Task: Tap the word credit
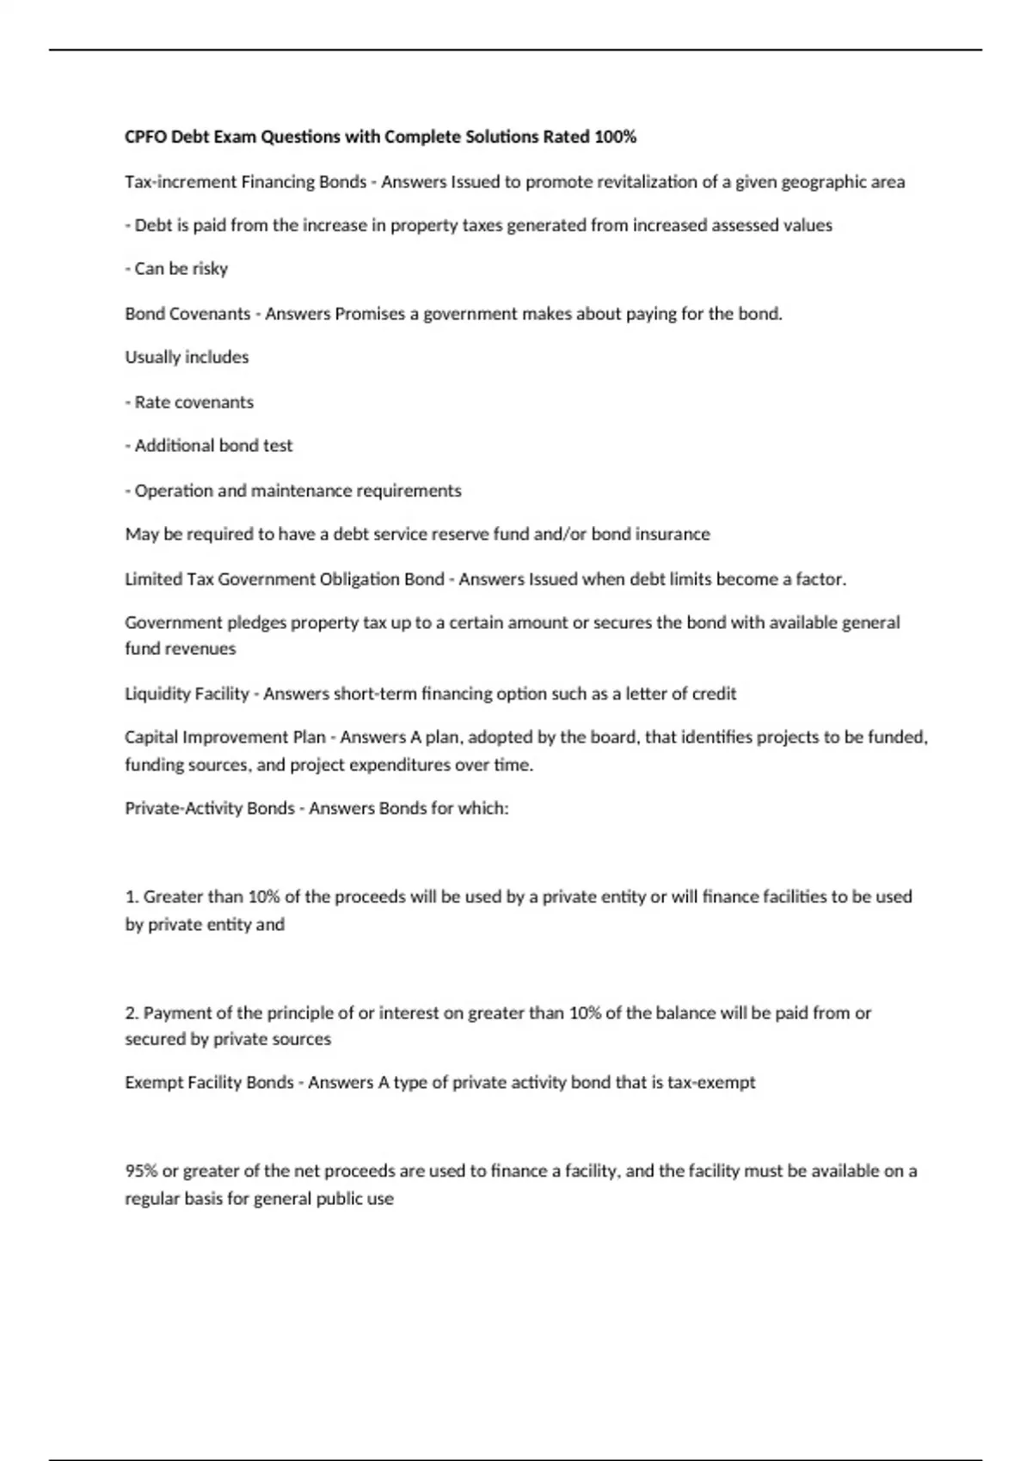coord(715,694)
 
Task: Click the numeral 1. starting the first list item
coord(132,896)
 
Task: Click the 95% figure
coord(141,1171)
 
